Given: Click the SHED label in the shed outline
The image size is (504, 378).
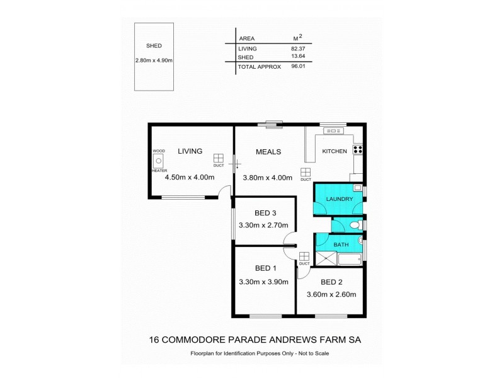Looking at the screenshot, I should [154, 46].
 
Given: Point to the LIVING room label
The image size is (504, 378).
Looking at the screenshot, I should [190, 151].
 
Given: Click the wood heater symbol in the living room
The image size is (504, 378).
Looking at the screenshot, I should [158, 161].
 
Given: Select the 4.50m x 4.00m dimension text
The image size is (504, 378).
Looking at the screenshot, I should [189, 178].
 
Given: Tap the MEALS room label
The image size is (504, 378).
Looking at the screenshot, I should [268, 152].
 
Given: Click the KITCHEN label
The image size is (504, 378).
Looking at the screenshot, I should [335, 152].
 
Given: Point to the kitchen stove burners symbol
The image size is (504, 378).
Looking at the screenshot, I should [357, 150].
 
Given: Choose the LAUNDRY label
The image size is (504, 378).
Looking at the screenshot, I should [339, 200].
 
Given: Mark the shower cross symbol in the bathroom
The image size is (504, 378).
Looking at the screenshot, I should [326, 257].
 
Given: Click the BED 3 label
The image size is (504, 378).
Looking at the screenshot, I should [263, 212].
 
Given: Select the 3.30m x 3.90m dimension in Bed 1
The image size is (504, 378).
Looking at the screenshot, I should [263, 282].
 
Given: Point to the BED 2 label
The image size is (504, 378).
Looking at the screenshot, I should [331, 282].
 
